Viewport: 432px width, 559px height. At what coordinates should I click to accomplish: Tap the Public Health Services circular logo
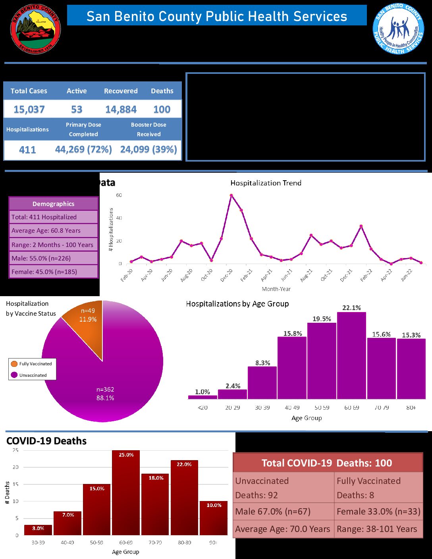(x=399, y=29)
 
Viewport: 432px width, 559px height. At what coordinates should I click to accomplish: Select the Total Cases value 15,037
(x=29, y=109)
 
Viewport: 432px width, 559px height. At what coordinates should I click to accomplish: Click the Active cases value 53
(x=77, y=109)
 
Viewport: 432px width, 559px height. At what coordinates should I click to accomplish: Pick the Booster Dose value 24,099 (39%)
(x=148, y=150)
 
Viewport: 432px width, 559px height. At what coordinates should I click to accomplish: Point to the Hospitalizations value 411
(x=27, y=150)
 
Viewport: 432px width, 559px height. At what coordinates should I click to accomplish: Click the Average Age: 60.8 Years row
(x=53, y=231)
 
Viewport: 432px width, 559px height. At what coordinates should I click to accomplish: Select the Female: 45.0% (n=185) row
(x=53, y=272)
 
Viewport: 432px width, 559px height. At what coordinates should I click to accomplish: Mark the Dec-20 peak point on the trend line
(x=231, y=195)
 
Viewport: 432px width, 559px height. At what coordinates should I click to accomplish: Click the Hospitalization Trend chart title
(x=266, y=183)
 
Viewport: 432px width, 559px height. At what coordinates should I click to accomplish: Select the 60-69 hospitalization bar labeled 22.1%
(x=351, y=355)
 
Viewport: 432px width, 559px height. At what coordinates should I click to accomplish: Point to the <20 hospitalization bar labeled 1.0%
(x=202, y=397)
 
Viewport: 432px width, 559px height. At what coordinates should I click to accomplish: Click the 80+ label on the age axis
(x=411, y=408)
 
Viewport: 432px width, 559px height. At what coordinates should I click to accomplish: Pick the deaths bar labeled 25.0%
(x=126, y=492)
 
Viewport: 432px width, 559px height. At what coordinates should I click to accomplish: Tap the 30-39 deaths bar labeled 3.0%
(x=38, y=530)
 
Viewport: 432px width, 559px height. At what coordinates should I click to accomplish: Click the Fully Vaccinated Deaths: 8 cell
(x=378, y=488)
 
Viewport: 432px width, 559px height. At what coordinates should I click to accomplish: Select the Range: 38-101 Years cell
(x=378, y=529)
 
